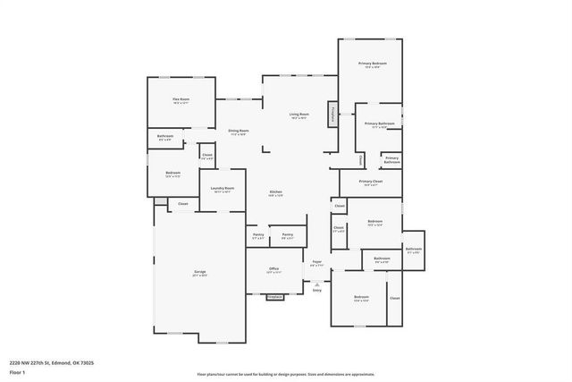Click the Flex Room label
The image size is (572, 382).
181,100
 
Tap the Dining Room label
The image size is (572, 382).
238,132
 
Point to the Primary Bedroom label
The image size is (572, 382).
372,64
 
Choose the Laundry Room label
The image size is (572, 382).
223,189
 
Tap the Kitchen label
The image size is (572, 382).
276,192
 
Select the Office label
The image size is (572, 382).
273,269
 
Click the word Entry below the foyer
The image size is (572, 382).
316,290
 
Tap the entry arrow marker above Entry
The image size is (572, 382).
316,282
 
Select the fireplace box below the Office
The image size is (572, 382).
274,297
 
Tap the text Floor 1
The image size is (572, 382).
17,371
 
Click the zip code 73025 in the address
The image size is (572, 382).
86,362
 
